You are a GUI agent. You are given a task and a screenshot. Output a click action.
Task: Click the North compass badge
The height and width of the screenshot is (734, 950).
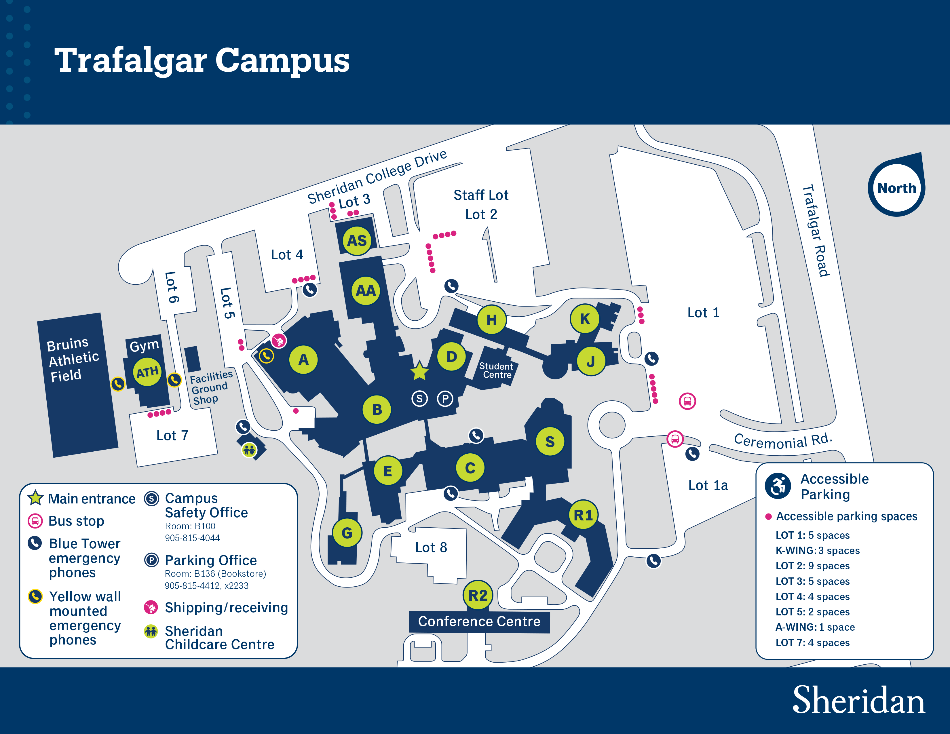pyautogui.click(x=896, y=188)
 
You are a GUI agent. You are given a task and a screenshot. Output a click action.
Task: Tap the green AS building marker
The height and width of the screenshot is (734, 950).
pyautogui.click(x=357, y=240)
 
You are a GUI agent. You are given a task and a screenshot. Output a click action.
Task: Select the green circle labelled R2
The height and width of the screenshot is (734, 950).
pyautogui.click(x=478, y=595)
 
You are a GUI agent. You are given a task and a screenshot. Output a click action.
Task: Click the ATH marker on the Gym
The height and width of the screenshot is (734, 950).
pyautogui.click(x=147, y=372)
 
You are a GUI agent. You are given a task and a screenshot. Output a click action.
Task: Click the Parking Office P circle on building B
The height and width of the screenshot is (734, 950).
pyautogui.click(x=444, y=398)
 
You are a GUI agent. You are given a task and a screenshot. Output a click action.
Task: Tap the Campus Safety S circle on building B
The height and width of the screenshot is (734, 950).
pyautogui.click(x=419, y=398)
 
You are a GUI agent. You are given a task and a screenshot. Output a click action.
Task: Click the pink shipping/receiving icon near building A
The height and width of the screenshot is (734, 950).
pyautogui.click(x=279, y=341)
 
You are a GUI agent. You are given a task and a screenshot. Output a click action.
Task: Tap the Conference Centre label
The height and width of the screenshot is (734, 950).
pyautogui.click(x=479, y=621)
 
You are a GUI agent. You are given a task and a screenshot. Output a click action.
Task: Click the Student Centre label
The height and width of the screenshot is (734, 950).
pyautogui.click(x=496, y=370)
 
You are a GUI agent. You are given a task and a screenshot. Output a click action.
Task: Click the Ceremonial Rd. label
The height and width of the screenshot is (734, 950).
pyautogui.click(x=783, y=441)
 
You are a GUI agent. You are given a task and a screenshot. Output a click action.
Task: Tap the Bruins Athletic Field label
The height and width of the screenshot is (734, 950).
pyautogui.click(x=73, y=359)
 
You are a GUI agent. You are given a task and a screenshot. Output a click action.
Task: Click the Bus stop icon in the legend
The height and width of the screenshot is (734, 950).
pyautogui.click(x=35, y=520)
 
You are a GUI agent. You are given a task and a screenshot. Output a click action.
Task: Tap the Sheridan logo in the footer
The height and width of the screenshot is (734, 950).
pyautogui.click(x=858, y=701)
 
